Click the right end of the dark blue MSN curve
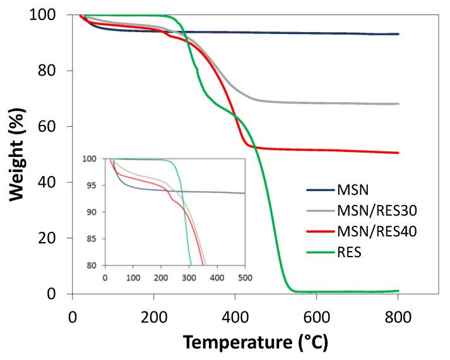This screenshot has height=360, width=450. (398, 34)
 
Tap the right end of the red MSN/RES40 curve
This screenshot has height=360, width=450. (398, 153)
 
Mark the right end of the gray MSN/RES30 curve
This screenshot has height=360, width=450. (398, 103)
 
